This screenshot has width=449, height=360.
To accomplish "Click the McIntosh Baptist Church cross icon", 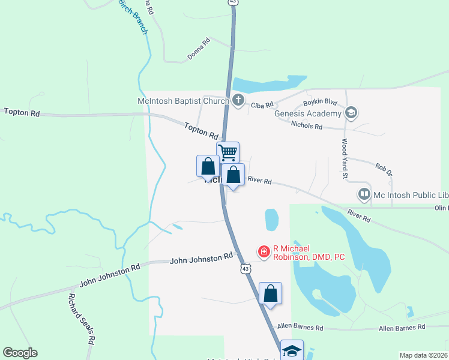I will click(238, 100).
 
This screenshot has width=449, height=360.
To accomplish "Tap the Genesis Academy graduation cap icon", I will click(351, 112).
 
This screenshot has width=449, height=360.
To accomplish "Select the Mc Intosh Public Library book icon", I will click(364, 194).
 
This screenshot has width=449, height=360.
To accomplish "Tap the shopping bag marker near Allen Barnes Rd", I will click(271, 294).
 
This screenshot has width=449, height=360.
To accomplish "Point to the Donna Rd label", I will click(198, 49).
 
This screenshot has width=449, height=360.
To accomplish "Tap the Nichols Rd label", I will click(307, 127).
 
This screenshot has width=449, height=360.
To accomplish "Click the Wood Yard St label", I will click(345, 159).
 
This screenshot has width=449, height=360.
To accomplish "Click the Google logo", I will click(20, 353).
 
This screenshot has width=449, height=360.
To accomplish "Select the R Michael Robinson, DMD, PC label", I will click(309, 253).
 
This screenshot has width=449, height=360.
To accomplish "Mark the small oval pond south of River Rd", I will click(272, 220).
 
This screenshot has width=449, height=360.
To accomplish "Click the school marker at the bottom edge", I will click(292, 350).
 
